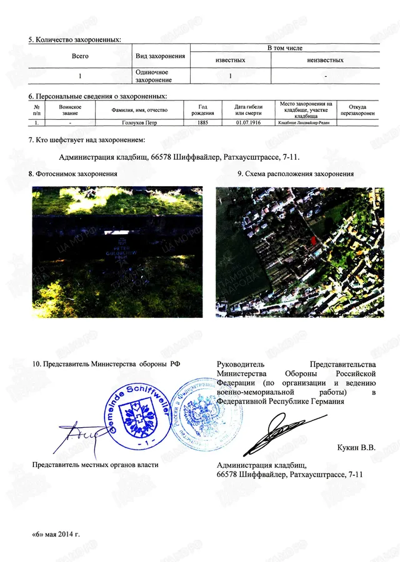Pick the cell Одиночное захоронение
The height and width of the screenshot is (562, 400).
click(x=152, y=76)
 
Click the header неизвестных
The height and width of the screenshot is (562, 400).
click(x=325, y=60)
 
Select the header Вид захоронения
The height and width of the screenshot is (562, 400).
click(x=161, y=56)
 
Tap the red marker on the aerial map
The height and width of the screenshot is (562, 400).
click(x=313, y=240)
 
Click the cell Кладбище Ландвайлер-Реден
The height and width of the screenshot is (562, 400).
click(x=308, y=122)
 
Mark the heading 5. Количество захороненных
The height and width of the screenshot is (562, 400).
click(x=74, y=40)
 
